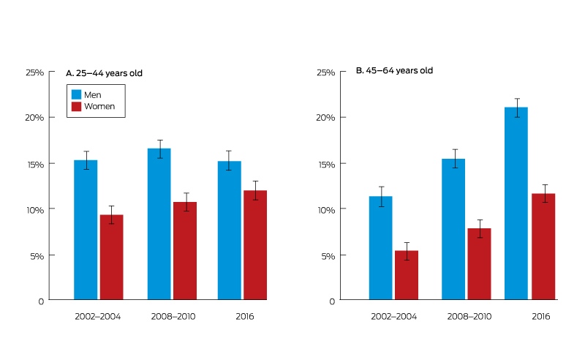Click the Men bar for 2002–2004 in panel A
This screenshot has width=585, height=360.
pos(86,230)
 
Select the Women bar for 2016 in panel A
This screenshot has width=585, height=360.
pos(255,245)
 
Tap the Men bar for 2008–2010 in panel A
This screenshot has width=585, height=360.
pos(159,224)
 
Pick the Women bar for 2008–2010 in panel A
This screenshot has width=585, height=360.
pos(185,250)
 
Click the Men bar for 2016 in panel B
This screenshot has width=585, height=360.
pos(516,203)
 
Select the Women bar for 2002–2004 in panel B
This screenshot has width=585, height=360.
pos(407,275)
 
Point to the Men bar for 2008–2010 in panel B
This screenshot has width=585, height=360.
pos(453,229)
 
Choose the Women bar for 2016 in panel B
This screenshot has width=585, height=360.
pos(543,247)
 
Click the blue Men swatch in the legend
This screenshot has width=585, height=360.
pos(76,94)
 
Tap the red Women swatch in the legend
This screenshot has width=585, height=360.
pos(76,106)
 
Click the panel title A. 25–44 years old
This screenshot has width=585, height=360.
pos(104,73)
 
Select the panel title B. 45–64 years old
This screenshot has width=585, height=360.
pos(394,70)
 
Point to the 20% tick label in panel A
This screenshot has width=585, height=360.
pos(34,118)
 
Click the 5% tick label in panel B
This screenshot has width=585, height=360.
pos(328,256)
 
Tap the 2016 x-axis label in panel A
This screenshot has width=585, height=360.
pos(245,317)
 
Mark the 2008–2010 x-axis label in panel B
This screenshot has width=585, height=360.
pos(469,317)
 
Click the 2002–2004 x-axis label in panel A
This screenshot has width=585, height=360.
pos(98,317)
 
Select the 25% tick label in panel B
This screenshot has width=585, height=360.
pos(325,72)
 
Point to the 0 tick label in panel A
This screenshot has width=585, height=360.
pos(41,301)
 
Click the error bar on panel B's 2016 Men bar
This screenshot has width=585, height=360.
pos(517,108)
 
